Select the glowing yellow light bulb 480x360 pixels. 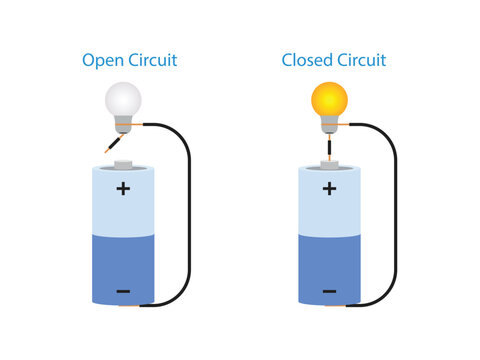[x=329, y=100]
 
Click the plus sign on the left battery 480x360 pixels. [x=123, y=188]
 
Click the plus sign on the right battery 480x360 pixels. [x=329, y=188]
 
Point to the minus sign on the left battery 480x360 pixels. [x=123, y=291]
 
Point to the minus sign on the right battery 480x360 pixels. [x=329, y=291]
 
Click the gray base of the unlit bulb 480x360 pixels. [x=124, y=125]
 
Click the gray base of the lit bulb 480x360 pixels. [x=329, y=125]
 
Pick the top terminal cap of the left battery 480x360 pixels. [x=123, y=162]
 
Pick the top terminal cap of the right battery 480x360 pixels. [x=329, y=162]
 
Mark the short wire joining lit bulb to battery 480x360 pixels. [x=329, y=147]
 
